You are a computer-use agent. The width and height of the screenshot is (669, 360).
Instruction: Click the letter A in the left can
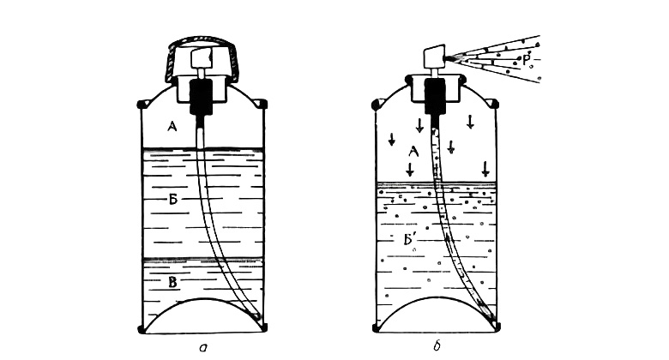(172, 126)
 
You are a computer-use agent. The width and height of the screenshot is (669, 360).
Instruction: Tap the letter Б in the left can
(172, 199)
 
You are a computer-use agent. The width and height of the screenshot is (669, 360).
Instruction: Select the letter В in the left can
(172, 282)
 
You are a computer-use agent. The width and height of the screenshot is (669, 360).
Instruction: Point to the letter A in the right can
(413, 152)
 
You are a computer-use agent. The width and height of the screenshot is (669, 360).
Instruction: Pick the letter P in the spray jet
(526, 60)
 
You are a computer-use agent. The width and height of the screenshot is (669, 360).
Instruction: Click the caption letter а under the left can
(203, 348)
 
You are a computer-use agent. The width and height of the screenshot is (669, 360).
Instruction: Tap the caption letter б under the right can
(436, 346)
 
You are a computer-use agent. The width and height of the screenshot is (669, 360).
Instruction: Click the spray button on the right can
(434, 57)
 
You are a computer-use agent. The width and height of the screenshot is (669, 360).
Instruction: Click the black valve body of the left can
(201, 97)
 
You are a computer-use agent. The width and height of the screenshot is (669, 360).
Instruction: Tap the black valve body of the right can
(435, 97)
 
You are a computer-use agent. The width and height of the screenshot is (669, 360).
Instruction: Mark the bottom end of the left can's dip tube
(256, 317)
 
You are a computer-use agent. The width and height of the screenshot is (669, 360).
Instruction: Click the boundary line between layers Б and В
(202, 260)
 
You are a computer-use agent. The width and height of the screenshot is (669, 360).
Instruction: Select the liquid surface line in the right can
(437, 183)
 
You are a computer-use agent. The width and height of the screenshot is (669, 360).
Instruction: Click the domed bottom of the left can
(203, 298)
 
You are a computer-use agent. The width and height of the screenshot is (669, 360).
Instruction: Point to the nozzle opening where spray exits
(446, 57)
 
